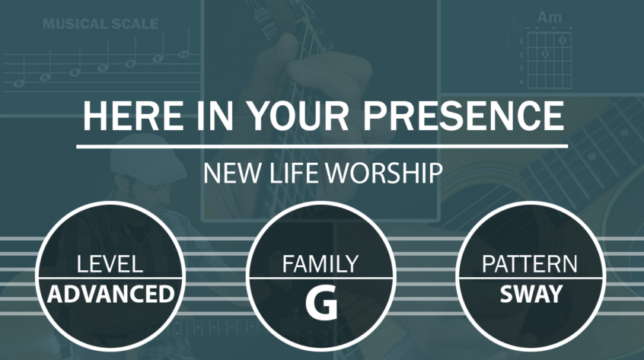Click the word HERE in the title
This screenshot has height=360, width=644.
133,116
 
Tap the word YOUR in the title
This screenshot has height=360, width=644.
298,116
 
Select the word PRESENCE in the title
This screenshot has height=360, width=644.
464,116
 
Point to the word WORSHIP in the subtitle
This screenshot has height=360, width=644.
384,174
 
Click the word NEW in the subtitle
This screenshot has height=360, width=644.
231,174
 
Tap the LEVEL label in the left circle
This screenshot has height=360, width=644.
110,264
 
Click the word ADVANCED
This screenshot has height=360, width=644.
111,294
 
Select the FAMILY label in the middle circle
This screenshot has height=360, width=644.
320,264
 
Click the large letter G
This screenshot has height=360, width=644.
321,303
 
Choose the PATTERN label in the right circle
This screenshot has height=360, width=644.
529,264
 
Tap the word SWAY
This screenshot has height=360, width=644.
531,294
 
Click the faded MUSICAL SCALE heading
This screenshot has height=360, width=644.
100,24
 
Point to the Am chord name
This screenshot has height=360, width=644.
549,18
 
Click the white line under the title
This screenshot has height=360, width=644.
322,146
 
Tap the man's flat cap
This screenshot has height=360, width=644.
147,158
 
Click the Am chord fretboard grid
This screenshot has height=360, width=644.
549,59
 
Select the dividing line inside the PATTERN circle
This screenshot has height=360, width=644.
531,279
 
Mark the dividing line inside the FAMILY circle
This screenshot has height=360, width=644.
320,279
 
